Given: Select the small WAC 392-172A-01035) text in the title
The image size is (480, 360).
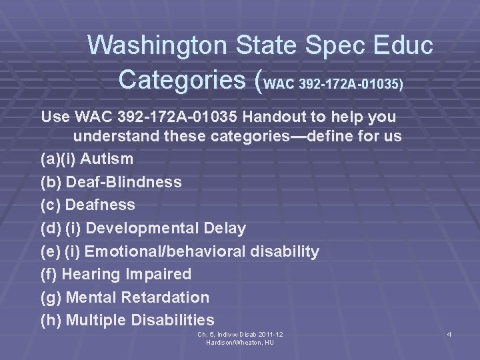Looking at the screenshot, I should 334,85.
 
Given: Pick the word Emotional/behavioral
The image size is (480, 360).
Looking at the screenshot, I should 169,251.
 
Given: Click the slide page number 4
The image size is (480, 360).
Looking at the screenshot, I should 449,333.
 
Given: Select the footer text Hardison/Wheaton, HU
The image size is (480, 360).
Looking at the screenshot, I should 240,342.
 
